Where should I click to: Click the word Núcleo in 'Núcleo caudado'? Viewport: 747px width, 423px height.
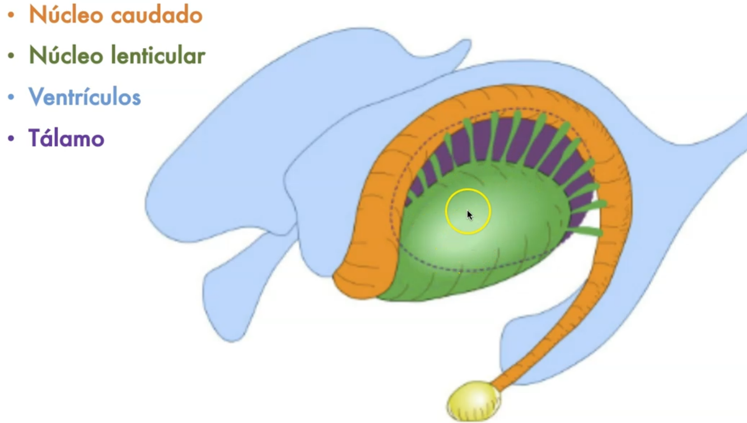coord(66,15)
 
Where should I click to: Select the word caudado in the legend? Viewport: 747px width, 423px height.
coord(156,15)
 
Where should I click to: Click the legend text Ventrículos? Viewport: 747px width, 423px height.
coord(85,97)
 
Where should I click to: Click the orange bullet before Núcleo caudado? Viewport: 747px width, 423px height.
coord(11,15)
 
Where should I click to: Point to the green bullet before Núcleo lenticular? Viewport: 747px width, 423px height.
coord(11,56)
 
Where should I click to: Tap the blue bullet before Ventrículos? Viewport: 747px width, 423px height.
coord(11,97)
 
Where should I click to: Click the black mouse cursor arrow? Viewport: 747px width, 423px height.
coord(469,215)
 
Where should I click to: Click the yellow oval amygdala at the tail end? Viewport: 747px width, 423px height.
coord(474,400)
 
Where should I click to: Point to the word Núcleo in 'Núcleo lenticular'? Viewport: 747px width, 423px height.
coord(66,55)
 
